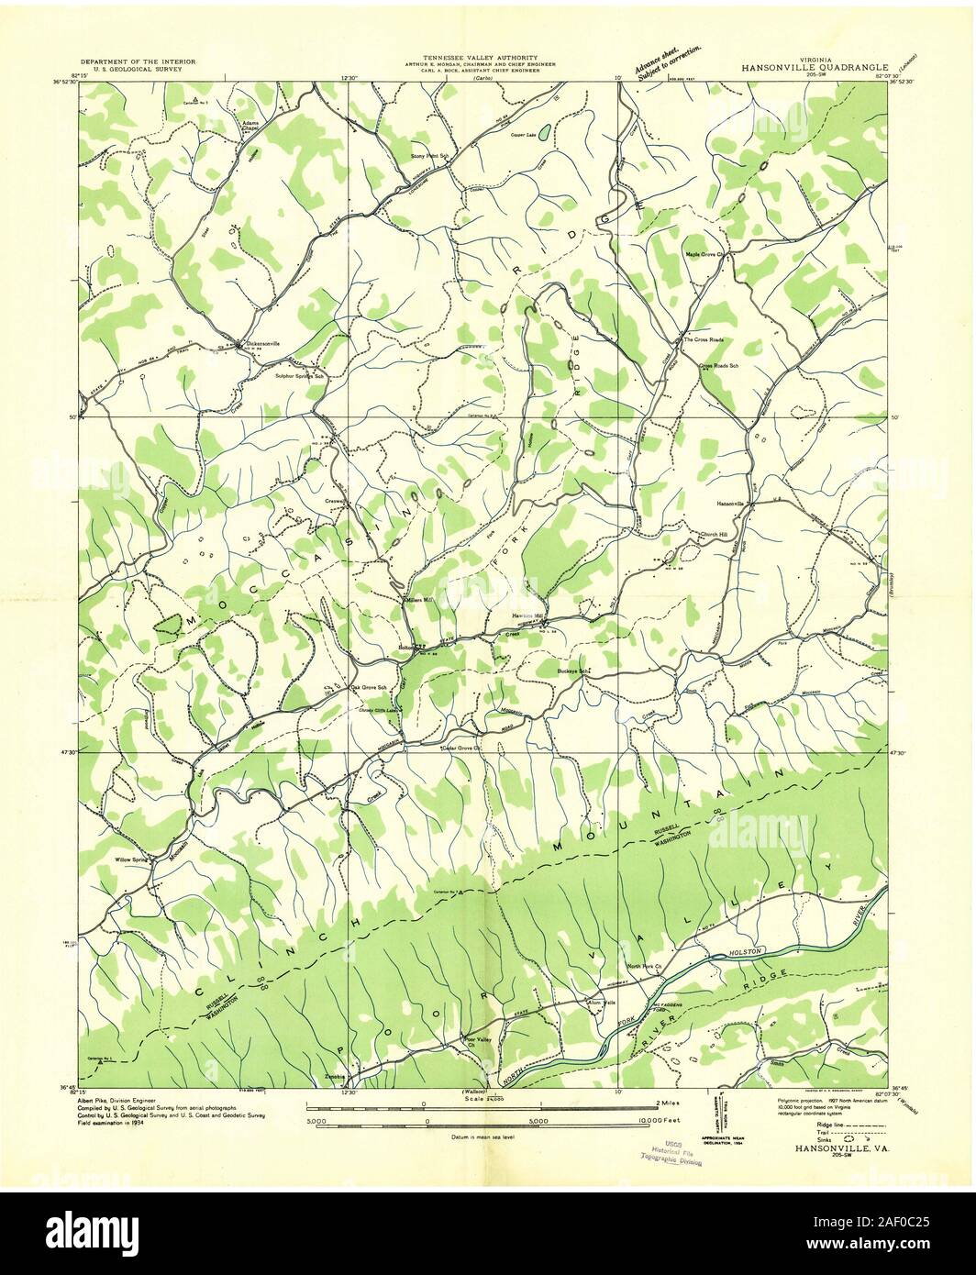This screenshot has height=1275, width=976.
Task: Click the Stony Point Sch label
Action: [428, 157]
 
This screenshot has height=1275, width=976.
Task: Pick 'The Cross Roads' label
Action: [704, 339]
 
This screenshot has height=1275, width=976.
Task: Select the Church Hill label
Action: [713, 535]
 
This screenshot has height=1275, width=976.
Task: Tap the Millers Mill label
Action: [417, 601]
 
